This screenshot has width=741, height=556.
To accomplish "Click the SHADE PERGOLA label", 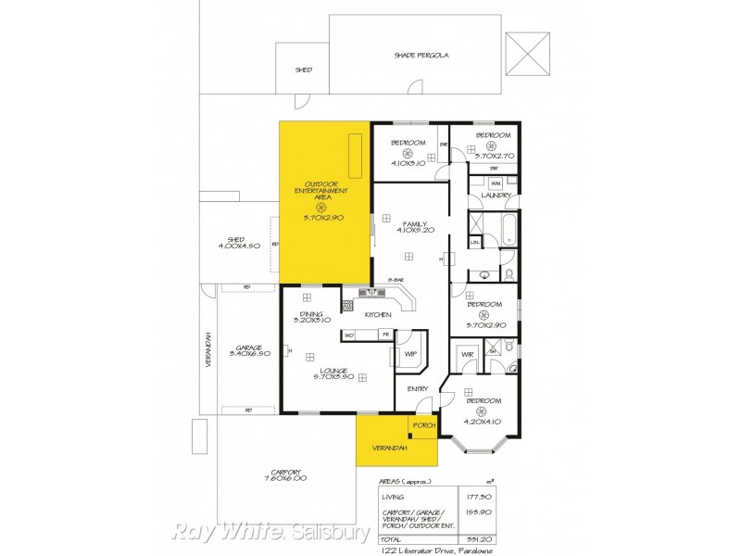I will (x=421, y=55).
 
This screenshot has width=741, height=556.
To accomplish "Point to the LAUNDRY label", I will (x=496, y=196).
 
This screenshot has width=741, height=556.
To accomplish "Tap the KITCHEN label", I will (x=378, y=315).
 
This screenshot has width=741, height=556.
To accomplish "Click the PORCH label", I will (x=424, y=425).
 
